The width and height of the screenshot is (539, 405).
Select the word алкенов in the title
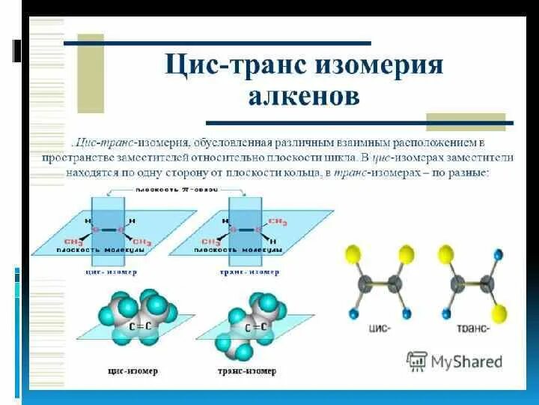click(x=304, y=96)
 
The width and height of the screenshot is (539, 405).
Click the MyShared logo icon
click(x=416, y=361)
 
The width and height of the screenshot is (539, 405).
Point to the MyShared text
click(x=466, y=361)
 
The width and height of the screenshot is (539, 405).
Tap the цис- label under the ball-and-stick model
click(x=380, y=328)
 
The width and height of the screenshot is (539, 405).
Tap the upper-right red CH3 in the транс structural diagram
click(x=277, y=222)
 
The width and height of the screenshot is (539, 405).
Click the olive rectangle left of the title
click(x=91, y=73)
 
